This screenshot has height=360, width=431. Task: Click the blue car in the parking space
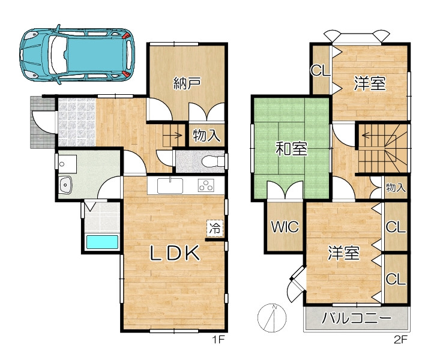point(77,55)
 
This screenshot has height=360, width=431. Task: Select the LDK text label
point(175,253)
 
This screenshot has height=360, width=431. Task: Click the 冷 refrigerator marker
point(215,228)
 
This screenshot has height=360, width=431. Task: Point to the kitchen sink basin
point(170,186)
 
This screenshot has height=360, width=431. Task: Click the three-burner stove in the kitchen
point(206,185)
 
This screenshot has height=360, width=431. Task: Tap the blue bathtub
point(102,242)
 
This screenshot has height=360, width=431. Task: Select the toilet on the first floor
point(214,161)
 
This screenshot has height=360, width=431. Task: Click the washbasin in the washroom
point(65,185)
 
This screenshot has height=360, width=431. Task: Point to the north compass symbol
point(272,317)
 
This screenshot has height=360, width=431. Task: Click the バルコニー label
point(356,319)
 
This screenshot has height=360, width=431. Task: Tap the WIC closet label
point(285,227)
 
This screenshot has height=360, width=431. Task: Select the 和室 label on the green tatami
point(291,148)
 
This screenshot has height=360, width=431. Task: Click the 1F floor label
point(219,340)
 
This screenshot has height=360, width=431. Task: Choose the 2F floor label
point(400,340)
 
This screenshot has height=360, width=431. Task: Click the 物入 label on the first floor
point(206,136)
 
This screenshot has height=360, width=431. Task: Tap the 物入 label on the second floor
point(396,188)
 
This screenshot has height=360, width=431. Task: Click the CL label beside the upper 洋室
point(320,70)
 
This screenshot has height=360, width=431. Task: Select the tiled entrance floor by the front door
point(77,122)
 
